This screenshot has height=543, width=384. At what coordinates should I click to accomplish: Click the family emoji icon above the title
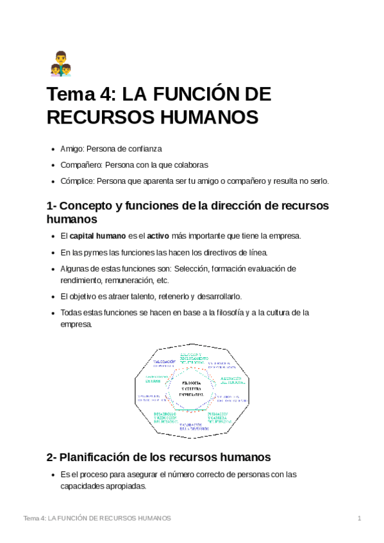[x=60, y=64]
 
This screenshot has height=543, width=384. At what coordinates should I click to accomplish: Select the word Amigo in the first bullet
[x=71, y=149]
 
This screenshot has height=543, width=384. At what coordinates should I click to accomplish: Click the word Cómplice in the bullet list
[x=76, y=181]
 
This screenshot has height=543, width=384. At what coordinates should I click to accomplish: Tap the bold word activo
[x=158, y=236]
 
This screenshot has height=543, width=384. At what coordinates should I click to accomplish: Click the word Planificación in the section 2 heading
[x=106, y=457]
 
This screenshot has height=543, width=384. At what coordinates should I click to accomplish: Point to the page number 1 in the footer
[x=360, y=518]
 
